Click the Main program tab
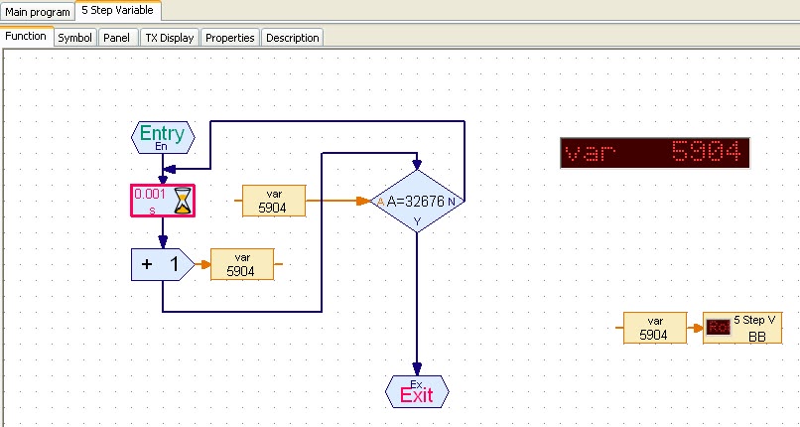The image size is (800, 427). [x=38, y=11]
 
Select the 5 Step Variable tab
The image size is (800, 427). [x=118, y=10]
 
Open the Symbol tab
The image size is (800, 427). [x=75, y=38]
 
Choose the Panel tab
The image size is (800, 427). [x=117, y=38]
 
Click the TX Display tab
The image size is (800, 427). [x=170, y=38]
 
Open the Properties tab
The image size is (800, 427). [x=230, y=38]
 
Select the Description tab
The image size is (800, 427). [x=293, y=38]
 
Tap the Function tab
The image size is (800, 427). [x=26, y=36]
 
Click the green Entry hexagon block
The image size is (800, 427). [x=163, y=137]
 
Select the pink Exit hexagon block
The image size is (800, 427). [x=417, y=392]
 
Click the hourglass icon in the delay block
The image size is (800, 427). [x=184, y=201]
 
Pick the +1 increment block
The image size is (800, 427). [x=163, y=264]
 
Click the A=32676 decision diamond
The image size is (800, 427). [x=417, y=201]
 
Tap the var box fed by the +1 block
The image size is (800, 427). [x=242, y=264]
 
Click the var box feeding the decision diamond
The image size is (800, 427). [x=274, y=201]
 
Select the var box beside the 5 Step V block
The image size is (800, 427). [x=655, y=328]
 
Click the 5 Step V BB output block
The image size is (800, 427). [x=742, y=328]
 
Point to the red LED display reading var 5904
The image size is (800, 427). [x=655, y=153]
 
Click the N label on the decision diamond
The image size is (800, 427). [x=452, y=202]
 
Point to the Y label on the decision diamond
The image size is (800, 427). [x=417, y=221]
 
